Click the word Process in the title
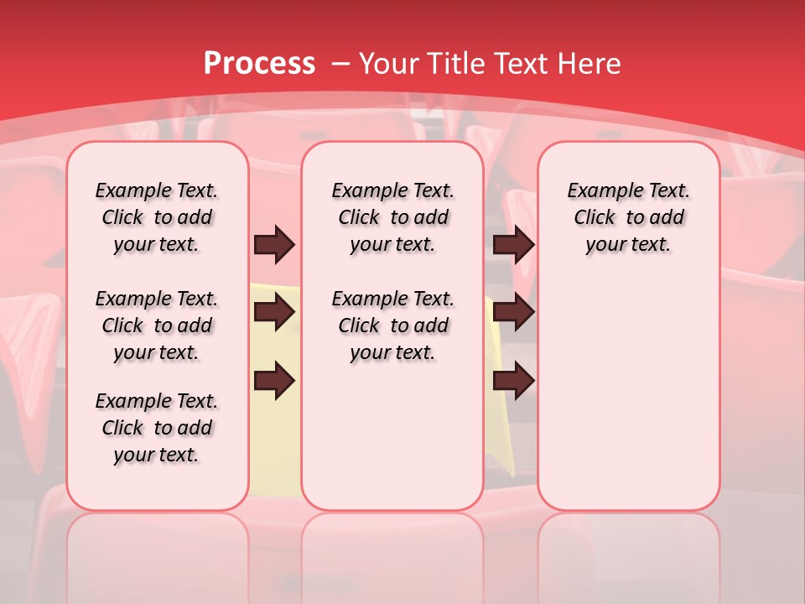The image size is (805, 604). click(259, 63)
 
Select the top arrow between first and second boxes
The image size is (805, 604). click(274, 244)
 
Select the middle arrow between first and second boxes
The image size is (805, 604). click(274, 313)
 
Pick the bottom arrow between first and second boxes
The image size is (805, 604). click(274, 380)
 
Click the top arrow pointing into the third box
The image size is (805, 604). click(513, 244)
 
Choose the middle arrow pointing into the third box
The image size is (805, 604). click(513, 313)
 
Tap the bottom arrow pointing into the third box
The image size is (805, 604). click(513, 380)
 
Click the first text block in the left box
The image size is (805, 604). click(157, 217)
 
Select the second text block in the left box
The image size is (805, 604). click(157, 325)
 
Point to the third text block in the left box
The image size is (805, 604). click(157, 428)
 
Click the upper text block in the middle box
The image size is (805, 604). click(392, 217)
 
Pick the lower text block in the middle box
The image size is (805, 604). click(392, 325)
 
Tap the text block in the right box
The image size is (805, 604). click(629, 217)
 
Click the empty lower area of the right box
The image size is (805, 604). click(629, 394)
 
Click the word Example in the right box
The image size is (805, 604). click(599, 191)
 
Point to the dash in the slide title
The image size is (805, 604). click(340, 63)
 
